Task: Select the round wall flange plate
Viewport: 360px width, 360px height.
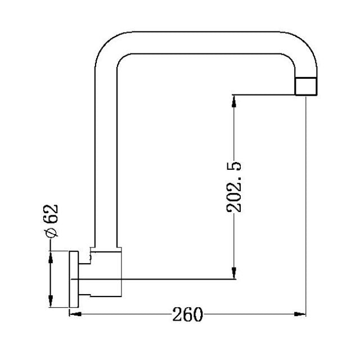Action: click(73, 279)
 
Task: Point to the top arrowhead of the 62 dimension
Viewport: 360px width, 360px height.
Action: click(51, 255)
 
